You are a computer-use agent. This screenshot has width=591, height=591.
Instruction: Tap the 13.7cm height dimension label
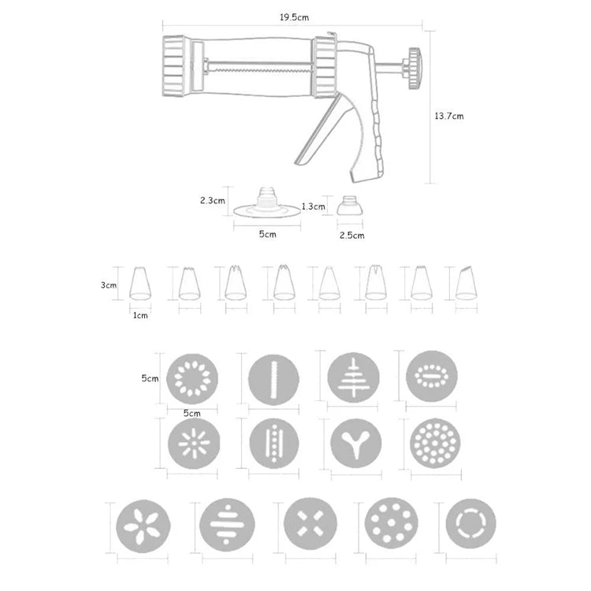448,115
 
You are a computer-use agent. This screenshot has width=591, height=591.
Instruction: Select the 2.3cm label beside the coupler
213,200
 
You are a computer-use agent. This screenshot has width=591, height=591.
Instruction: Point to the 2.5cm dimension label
351,235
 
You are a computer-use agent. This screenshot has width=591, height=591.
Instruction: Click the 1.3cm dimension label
313,206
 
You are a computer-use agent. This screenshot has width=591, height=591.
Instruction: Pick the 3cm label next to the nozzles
108,285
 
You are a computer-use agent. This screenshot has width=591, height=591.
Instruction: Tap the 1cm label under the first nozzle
140,315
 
